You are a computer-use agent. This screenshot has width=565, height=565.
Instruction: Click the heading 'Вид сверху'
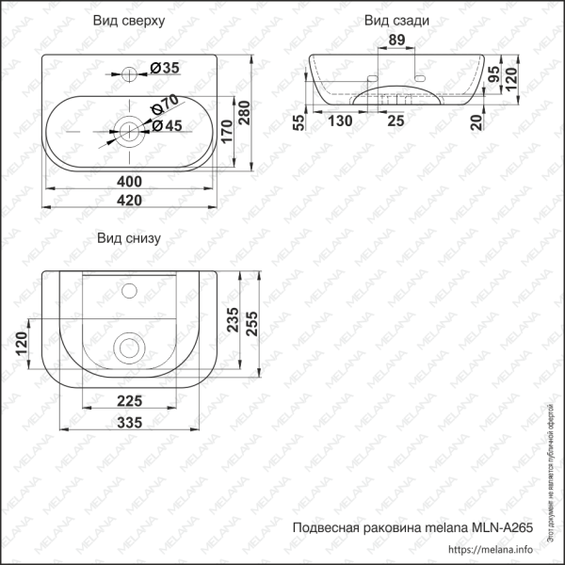[129, 21]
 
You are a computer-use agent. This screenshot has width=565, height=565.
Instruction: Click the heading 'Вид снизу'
[129, 238]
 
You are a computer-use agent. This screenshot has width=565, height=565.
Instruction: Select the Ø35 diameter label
[165, 67]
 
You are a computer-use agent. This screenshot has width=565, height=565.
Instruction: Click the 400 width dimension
[129, 181]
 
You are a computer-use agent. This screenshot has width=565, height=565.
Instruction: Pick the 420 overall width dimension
[129, 200]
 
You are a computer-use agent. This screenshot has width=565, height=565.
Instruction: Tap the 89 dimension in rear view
[396, 40]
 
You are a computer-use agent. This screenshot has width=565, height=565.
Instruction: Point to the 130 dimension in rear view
[341, 121]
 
